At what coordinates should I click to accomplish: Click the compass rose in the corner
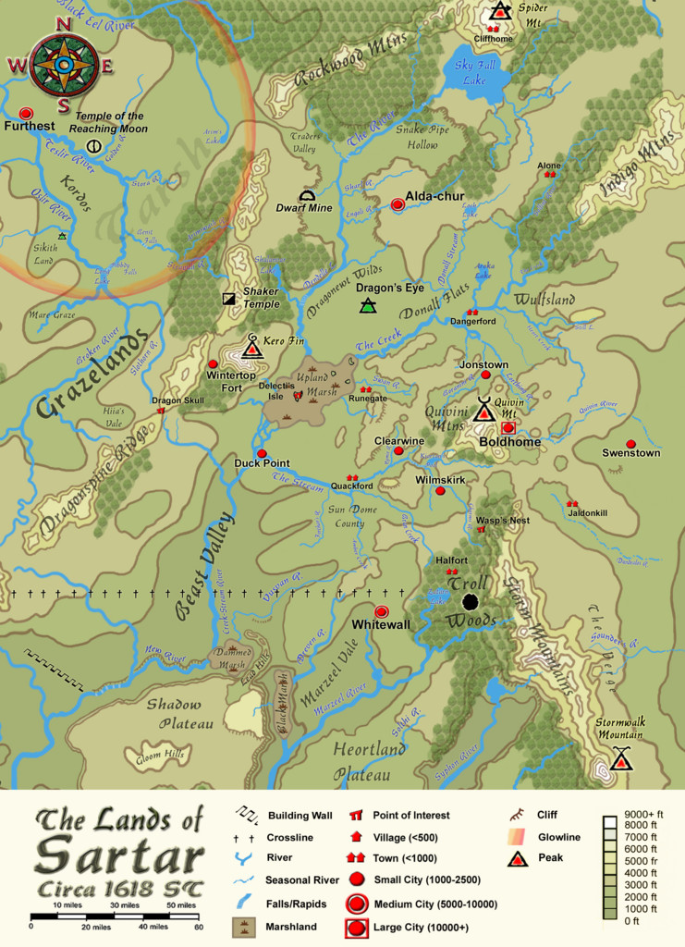pyautogui.click(x=62, y=65)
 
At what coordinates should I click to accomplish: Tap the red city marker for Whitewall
pyautogui.click(x=381, y=611)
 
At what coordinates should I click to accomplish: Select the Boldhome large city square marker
pyautogui.click(x=508, y=428)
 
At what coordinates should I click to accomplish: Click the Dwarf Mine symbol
pyautogui.click(x=307, y=195)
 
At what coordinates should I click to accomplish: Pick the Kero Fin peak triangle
pyautogui.click(x=251, y=349)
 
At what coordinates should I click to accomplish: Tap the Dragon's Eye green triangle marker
pyautogui.click(x=368, y=305)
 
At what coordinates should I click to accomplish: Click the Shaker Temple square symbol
pyautogui.click(x=228, y=299)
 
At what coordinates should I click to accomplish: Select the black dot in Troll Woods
pyautogui.click(x=470, y=602)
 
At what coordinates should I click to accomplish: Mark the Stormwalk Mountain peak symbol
pyautogui.click(x=622, y=759)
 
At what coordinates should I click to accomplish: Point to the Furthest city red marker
pyautogui.click(x=26, y=112)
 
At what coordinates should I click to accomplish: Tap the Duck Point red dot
pyautogui.click(x=262, y=453)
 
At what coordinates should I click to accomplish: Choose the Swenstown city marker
pyautogui.click(x=630, y=444)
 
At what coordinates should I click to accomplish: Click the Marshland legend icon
pyautogui.click(x=243, y=927)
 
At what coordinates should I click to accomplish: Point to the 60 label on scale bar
pyautogui.click(x=198, y=926)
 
